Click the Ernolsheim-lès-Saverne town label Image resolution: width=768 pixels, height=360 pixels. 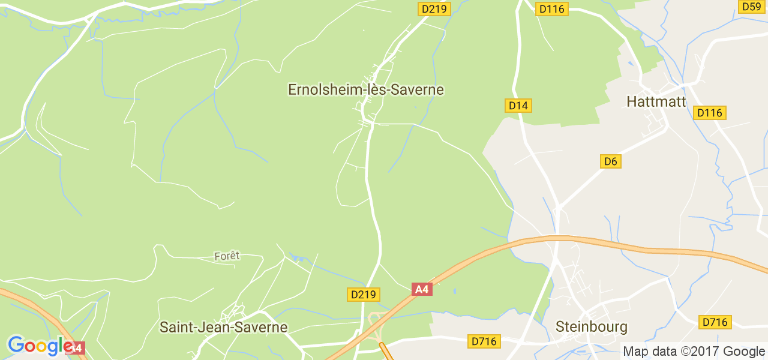coord(366,90)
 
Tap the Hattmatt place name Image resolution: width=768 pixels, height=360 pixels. coord(656,101)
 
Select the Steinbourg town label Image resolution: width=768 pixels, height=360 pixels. coord(591,327)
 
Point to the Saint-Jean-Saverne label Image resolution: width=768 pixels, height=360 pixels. coord(223,328)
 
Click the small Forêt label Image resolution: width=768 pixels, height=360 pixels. coord(227,256)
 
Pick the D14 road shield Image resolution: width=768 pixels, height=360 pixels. coord(518,106)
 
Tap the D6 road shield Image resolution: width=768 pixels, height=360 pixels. coord(610,161)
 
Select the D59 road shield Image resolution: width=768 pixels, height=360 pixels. coord(751,7)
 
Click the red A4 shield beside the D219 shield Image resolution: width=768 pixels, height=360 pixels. coord(422,289)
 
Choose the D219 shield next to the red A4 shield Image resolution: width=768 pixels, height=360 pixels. coord(363,295)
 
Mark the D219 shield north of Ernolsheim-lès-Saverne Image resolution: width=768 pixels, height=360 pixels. coord(434,9)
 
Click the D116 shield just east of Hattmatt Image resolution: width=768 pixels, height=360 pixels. coord(710,113)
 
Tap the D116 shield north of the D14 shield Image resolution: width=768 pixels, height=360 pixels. coord(552,9)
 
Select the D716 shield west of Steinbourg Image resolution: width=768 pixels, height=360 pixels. coord(484,341)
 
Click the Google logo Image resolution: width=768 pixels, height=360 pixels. coord(40,346)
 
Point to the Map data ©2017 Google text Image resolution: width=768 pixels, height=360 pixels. coord(694,351)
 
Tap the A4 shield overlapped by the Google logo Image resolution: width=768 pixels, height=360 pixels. coord(77,348)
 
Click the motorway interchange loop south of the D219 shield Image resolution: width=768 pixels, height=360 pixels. coord(376,320)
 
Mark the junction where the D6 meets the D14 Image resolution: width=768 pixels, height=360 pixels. coord(558,207)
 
